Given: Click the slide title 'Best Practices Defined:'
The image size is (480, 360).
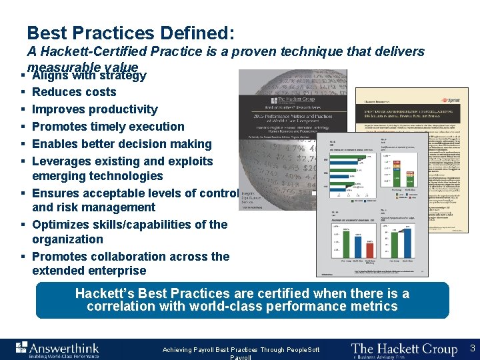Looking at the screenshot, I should pyautogui.click(x=131, y=33).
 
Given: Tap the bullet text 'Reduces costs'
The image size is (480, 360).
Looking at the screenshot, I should pyautogui.click(x=74, y=92).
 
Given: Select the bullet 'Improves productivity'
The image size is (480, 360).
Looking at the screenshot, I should pyautogui.click(x=95, y=109).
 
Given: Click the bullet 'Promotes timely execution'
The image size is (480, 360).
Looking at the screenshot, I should pyautogui.click(x=108, y=127).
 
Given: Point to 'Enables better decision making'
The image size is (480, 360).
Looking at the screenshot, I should pyautogui.click(x=121, y=144).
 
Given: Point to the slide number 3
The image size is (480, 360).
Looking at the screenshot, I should pyautogui.click(x=471, y=348).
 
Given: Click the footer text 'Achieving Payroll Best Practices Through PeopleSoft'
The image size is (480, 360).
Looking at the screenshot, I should pyautogui.click(x=241, y=350).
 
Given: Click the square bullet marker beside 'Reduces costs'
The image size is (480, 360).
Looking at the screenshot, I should pyautogui.click(x=23, y=93).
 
